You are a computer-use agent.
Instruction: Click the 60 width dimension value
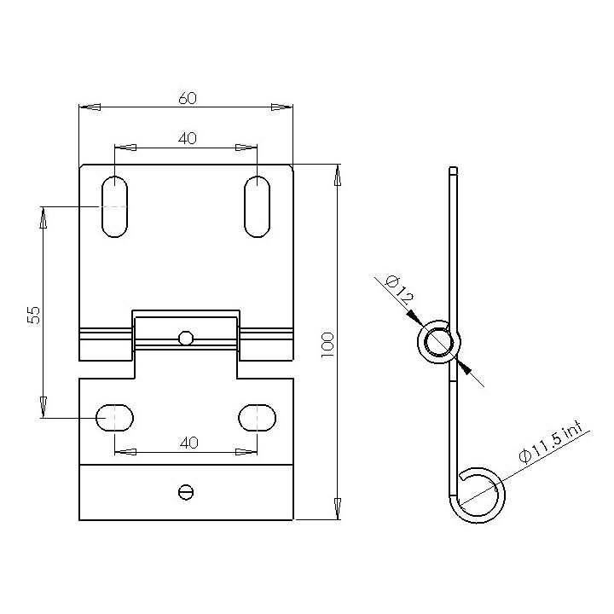coord(187,98)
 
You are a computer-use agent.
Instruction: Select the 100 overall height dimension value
coord(327,343)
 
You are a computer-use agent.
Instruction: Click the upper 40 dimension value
coord(187,138)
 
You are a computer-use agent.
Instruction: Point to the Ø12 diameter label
coord(398,289)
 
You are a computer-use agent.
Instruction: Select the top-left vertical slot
coord(115,206)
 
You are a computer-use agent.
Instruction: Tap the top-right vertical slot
coord(257,206)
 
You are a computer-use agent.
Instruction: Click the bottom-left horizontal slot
coord(115,418)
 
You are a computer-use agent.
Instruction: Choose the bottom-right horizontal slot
coord(257,418)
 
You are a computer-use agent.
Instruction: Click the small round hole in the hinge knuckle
coord(186,338)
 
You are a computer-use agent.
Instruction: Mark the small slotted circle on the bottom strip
coord(186,491)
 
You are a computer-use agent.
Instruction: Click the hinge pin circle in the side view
coord(437,342)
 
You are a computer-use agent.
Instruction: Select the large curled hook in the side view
coord(478,494)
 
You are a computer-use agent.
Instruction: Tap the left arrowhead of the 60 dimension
coord(90,107)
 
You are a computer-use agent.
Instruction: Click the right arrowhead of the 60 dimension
coord(281,107)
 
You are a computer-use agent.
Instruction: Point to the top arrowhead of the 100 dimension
coord(338,176)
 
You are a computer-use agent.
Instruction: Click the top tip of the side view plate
coord(454,169)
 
